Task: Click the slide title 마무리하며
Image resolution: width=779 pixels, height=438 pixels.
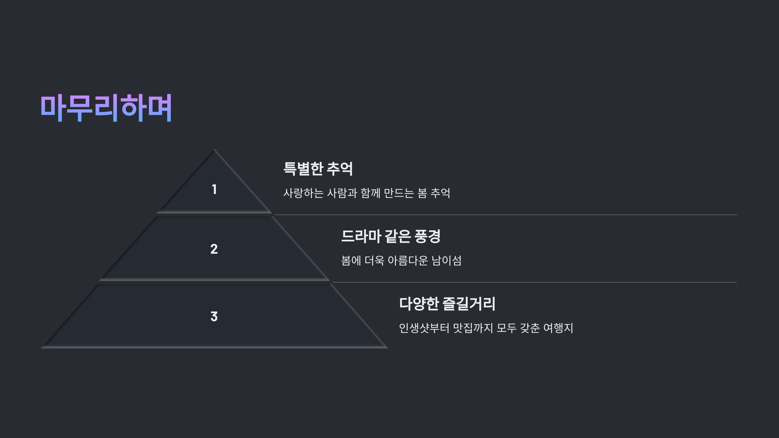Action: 106,108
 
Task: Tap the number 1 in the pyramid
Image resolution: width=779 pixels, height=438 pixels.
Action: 214,189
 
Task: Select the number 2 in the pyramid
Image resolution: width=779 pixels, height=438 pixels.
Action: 214,249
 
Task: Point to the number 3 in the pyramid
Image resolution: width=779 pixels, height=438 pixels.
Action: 214,317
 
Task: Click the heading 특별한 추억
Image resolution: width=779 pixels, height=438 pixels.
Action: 318,169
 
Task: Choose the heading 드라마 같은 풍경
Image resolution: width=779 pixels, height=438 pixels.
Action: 390,236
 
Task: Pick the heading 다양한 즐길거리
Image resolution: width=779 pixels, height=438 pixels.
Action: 447,304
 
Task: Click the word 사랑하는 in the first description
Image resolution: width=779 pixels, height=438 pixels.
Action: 303,193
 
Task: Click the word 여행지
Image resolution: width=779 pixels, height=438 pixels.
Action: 558,328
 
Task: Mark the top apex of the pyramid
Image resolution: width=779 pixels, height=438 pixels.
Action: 214,150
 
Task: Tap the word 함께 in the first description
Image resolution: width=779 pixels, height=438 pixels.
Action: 370,193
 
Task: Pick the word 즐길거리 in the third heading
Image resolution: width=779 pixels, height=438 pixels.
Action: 469,304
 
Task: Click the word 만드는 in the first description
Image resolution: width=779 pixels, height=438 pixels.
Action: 399,193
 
